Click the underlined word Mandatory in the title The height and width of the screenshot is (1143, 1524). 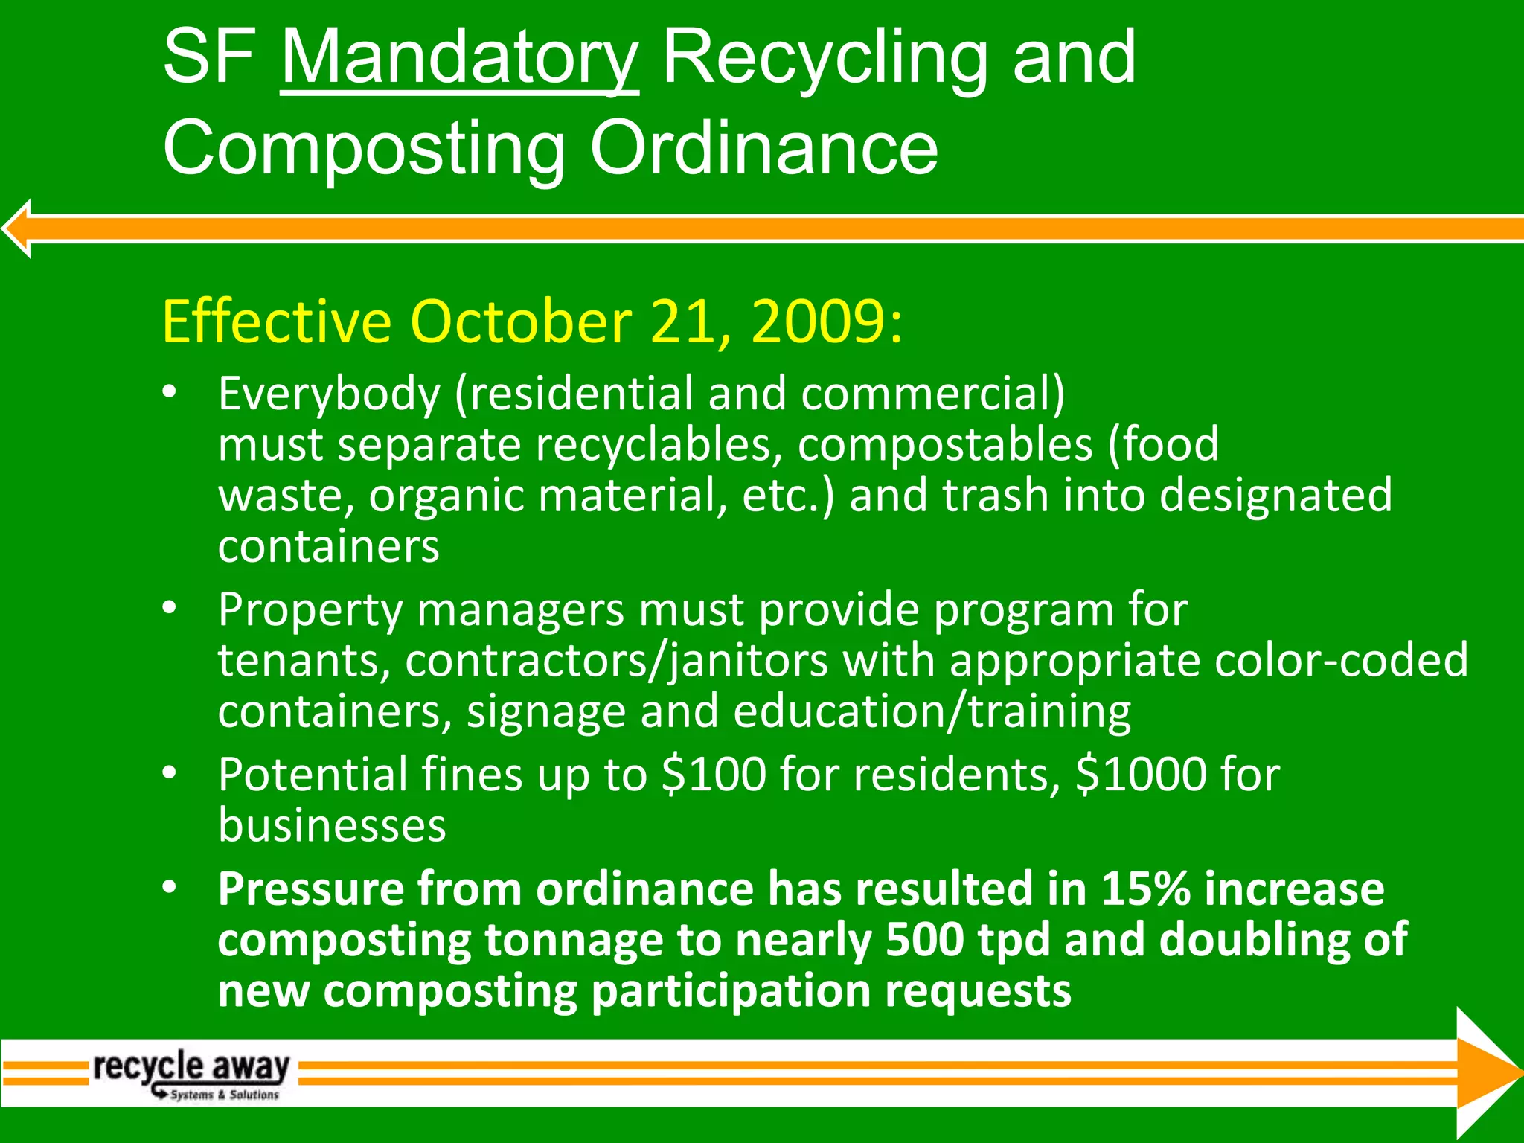(x=459, y=60)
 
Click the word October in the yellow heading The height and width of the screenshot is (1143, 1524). (x=521, y=322)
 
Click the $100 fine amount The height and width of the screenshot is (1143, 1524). (x=714, y=775)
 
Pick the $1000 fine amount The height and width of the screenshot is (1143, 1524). (x=1141, y=775)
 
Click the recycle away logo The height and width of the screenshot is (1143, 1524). (x=192, y=1072)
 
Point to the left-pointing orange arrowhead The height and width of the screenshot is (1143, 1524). (x=18, y=228)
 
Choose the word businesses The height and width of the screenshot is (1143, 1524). (x=332, y=826)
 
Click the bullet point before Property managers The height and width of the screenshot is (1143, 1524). (x=170, y=609)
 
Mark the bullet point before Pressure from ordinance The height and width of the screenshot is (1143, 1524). (x=170, y=887)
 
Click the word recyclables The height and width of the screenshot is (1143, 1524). (x=659, y=445)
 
